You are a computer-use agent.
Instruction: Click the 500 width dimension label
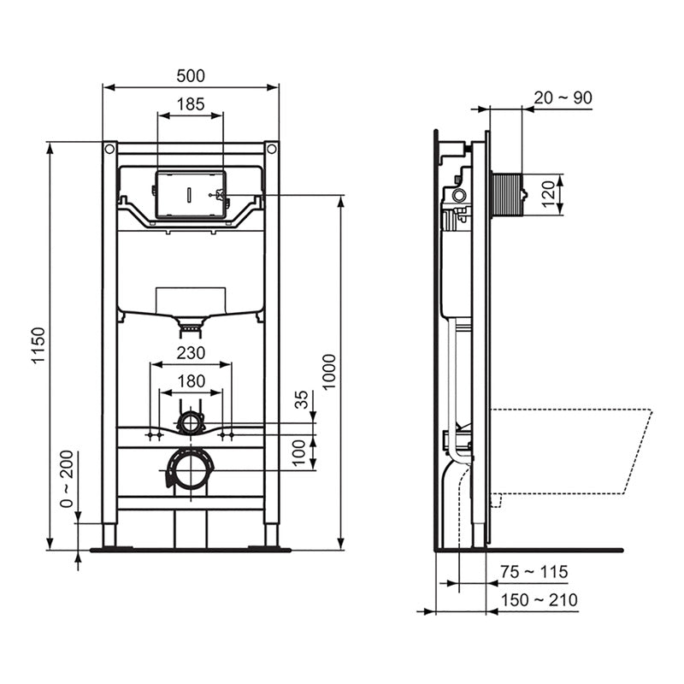coord(191,75)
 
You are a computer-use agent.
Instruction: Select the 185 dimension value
coord(191,103)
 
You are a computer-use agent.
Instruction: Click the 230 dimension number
coord(191,352)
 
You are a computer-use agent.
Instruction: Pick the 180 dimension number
coord(191,380)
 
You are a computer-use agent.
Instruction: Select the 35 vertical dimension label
coord(300,401)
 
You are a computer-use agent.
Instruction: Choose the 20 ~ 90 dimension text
coord(563,97)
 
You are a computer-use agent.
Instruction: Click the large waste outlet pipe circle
coord(191,470)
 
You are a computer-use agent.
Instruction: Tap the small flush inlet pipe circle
coord(191,421)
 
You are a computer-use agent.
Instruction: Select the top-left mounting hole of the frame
coord(109,150)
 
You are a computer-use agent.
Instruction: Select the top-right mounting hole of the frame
coord(272,150)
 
